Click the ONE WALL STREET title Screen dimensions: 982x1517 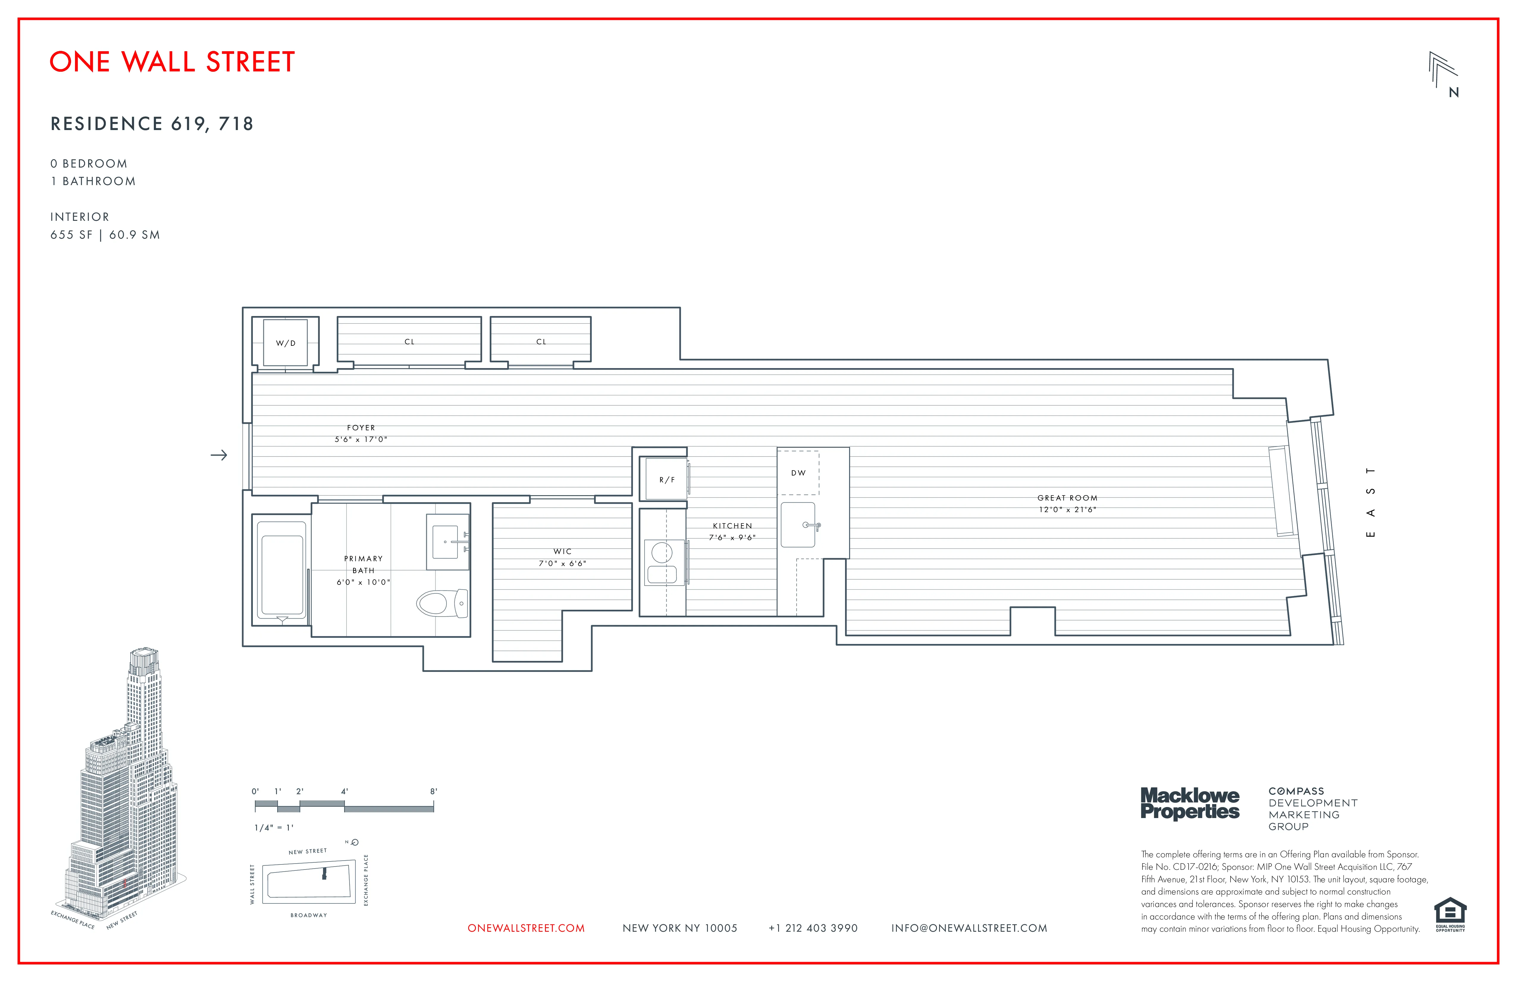click(x=172, y=62)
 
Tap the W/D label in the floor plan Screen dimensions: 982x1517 click(x=286, y=343)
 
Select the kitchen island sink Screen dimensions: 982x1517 click(x=799, y=525)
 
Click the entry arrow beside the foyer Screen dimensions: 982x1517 click(x=219, y=455)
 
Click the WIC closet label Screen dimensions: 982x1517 click(x=562, y=552)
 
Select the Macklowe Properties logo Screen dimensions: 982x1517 click(x=1190, y=803)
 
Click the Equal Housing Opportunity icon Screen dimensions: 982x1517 click(x=1450, y=914)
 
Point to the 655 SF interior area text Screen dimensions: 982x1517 click(x=71, y=235)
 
